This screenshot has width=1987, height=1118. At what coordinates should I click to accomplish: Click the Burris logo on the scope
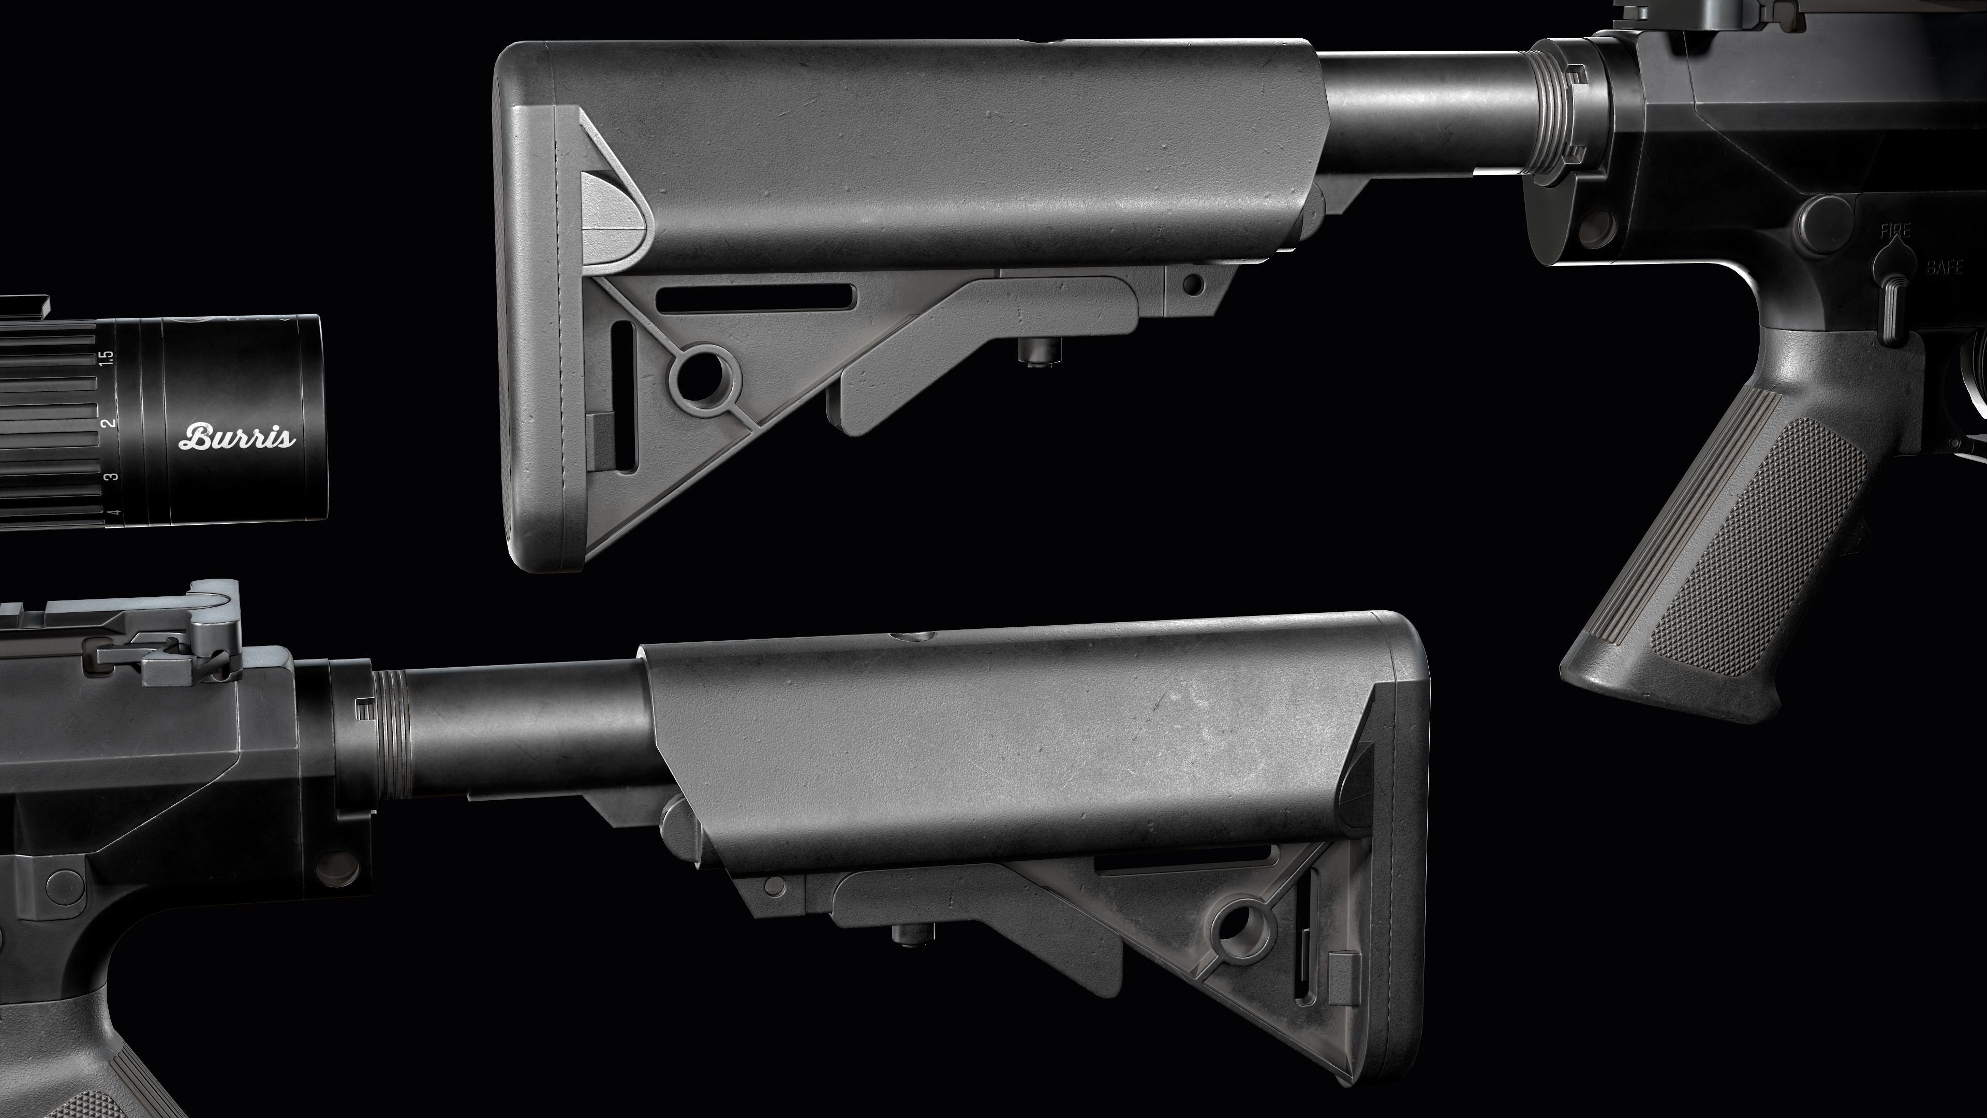coord(237,437)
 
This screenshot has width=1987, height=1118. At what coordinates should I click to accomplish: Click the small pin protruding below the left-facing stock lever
coord(1033,351)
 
